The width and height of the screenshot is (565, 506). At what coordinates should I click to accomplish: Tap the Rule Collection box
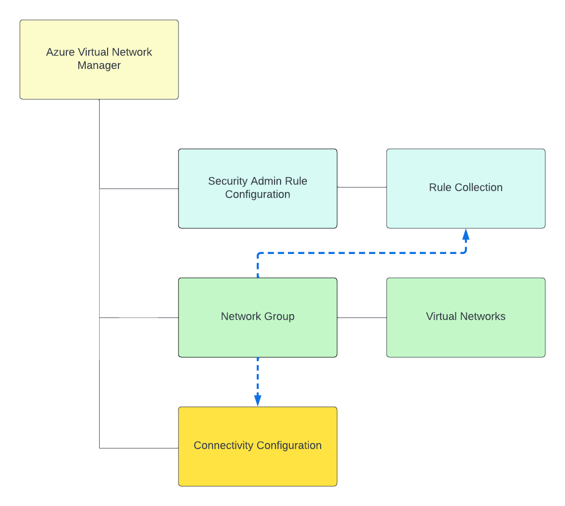click(466, 208)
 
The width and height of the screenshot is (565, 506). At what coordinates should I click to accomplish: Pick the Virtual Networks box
click(466, 337)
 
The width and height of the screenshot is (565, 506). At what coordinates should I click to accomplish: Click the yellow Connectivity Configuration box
click(258, 466)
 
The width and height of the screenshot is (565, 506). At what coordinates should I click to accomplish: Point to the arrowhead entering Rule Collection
click(465, 234)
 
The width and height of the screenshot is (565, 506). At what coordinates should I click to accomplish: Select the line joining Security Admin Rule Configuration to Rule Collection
click(362, 188)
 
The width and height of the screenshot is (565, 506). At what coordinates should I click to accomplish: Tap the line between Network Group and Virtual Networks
click(362, 317)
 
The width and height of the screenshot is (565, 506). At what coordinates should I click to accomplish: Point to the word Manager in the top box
click(99, 65)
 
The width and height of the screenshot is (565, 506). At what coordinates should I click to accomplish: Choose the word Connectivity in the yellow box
click(223, 445)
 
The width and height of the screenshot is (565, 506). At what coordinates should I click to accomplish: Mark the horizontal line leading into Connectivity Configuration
click(139, 448)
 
